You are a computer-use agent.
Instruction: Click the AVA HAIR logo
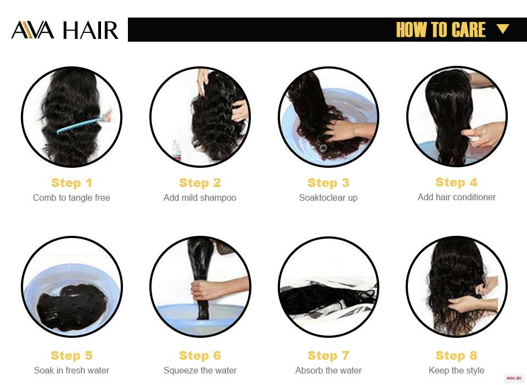65,30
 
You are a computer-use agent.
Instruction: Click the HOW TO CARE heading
441,30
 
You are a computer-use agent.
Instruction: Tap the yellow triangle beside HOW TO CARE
503,29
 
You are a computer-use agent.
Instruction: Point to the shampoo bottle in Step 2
176,150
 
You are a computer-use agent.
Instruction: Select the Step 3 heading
328,183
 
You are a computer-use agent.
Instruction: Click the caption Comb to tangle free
71,197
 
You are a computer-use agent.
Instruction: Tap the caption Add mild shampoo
200,197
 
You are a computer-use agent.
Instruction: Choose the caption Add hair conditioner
457,197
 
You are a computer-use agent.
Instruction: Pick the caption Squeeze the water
200,370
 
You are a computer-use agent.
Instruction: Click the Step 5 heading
71,355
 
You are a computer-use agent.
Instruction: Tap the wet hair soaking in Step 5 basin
71,308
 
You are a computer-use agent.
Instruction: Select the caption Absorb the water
328,370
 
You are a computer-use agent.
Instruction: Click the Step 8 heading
456,355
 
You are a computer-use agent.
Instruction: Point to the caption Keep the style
456,370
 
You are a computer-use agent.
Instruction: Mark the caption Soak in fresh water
71,370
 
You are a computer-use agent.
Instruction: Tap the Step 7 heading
328,355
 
